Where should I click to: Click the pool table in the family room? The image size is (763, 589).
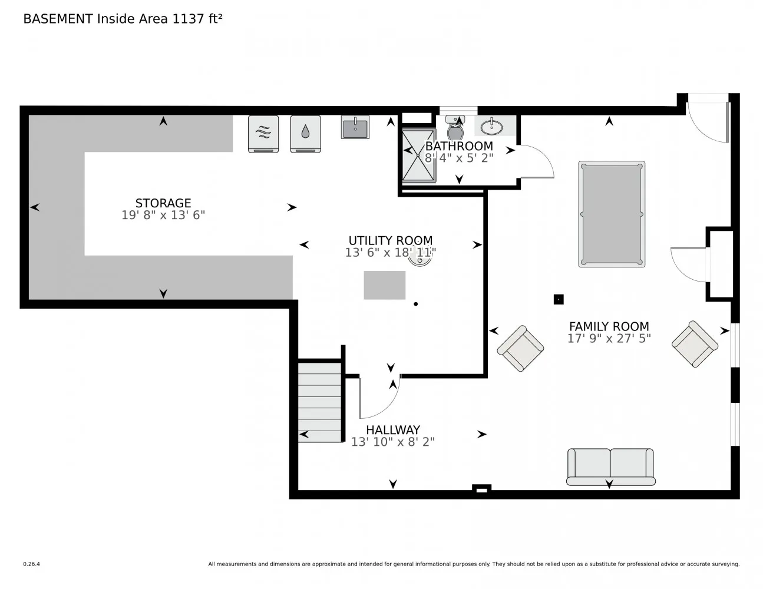click(612, 214)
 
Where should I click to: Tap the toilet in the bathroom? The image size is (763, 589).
click(455, 128)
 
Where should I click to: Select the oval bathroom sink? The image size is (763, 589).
click(491, 127)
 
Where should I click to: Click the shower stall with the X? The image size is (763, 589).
click(418, 155)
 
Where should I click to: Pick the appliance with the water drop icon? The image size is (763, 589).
click(305, 134)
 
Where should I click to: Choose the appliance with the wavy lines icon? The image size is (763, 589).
click(263, 134)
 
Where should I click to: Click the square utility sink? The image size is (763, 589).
click(355, 127)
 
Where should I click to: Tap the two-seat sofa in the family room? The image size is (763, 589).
click(610, 467)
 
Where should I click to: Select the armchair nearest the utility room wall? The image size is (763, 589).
click(520, 348)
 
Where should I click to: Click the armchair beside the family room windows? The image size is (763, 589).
click(695, 344)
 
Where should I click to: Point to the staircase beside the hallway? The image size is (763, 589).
click(319, 402)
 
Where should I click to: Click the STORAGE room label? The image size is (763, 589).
click(163, 203)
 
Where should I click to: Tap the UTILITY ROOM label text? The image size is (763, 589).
click(391, 240)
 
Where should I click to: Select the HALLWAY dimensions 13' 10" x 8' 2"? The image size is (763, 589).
click(393, 442)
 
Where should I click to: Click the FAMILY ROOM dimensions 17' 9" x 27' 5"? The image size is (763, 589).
click(609, 338)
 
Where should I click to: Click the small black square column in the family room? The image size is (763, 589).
click(559, 299)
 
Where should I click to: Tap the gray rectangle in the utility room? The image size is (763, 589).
click(385, 285)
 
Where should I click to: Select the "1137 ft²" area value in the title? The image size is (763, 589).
click(197, 19)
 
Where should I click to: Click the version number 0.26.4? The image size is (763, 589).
click(32, 564)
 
